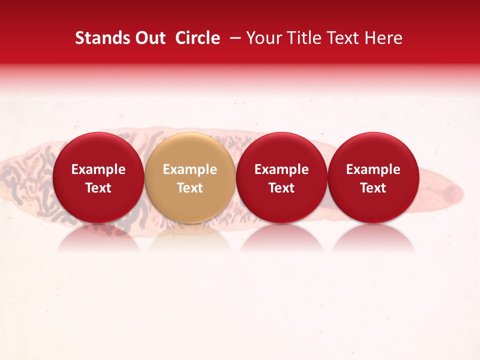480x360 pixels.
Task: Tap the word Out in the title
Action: click(x=148, y=38)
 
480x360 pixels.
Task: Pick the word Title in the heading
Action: click(x=303, y=38)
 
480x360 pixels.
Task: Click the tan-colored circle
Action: click(x=189, y=177)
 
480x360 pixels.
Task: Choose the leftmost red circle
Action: click(x=98, y=177)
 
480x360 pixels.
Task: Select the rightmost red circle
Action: click(x=373, y=177)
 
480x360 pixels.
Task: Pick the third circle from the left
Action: click(x=281, y=177)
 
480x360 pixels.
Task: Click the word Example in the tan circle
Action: click(x=190, y=169)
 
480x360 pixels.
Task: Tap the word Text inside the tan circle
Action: click(x=190, y=188)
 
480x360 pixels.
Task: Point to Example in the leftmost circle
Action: click(x=98, y=169)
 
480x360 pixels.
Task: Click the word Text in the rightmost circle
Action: click(x=373, y=188)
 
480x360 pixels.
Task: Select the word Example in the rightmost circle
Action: click(x=373, y=169)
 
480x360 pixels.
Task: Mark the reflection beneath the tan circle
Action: click(x=190, y=239)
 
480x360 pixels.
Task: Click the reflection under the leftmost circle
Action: click(x=98, y=239)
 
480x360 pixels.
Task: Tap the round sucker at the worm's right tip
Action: click(x=452, y=191)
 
